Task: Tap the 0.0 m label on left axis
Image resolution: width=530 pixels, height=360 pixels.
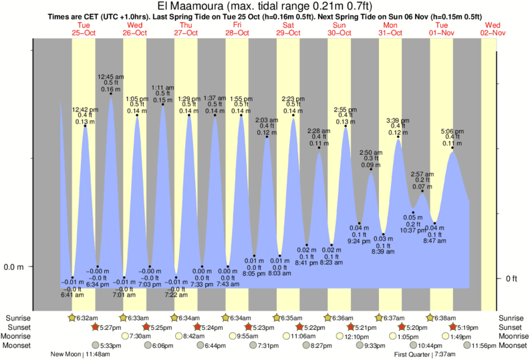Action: pyautogui.click(x=15, y=267)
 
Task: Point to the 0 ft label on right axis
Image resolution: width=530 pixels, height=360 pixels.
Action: pyautogui.click(x=512, y=279)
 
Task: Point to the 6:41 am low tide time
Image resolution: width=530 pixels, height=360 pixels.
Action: pyautogui.click(x=72, y=295)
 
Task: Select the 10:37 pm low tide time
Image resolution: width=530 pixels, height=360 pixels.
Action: pyautogui.click(x=414, y=230)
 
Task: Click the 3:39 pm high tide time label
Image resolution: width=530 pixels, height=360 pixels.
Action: pyautogui.click(x=398, y=121)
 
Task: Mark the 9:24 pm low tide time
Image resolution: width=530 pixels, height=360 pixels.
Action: pyautogui.click(x=360, y=240)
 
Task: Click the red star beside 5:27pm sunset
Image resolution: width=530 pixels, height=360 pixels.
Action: pyautogui.click(x=95, y=327)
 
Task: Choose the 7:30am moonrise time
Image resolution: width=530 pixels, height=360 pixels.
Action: pyautogui.click(x=140, y=336)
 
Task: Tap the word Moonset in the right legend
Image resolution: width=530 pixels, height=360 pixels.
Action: pyautogui.click(x=513, y=346)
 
